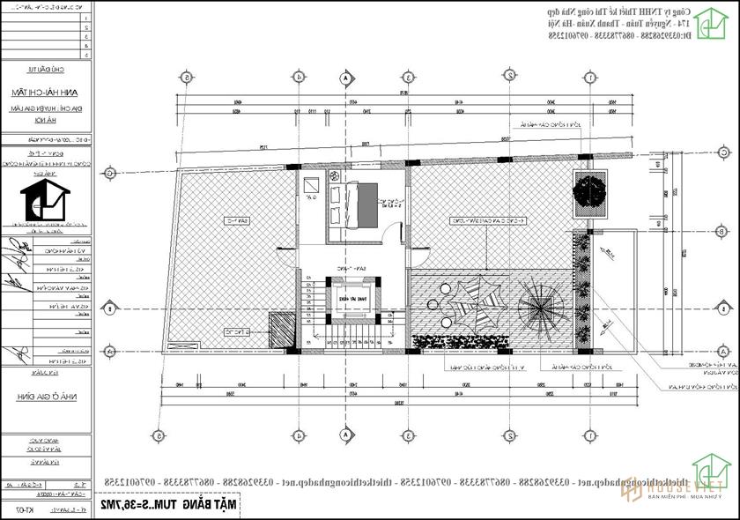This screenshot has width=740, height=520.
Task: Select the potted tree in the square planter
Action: tap(588, 191)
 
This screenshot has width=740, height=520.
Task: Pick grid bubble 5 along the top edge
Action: tap(189, 77)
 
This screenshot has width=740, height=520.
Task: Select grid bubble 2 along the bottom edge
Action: tap(509, 435)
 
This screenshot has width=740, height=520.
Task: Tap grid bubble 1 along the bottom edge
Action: tap(588, 435)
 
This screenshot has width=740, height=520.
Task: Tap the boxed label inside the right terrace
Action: tap(482, 220)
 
